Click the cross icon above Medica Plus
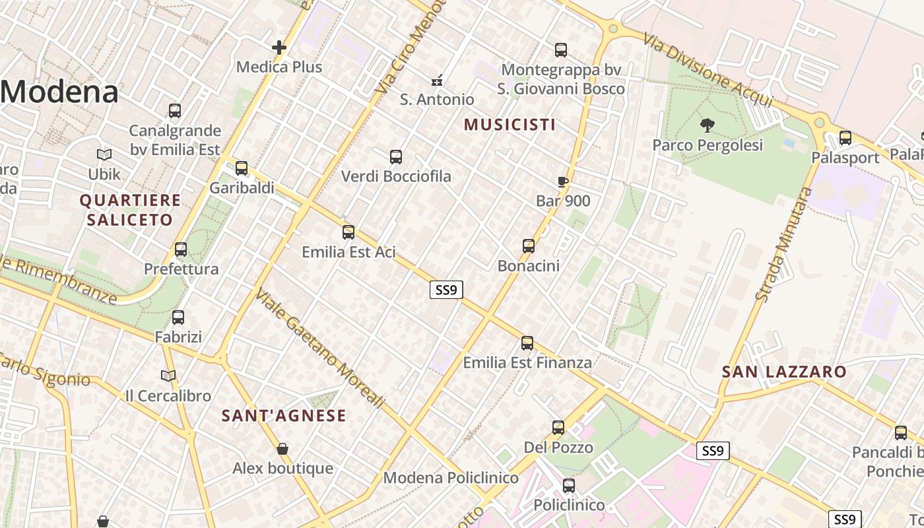[279, 48]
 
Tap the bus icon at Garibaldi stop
[242, 168]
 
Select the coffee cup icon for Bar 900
[562, 181]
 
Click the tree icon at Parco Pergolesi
[707, 125]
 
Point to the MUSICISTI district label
[510, 124]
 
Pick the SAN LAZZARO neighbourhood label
[784, 372]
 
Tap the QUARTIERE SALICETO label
[130, 210]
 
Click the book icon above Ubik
[104, 154]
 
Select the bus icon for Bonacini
[529, 246]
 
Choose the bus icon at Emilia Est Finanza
[527, 343]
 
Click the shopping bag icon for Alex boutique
[282, 449]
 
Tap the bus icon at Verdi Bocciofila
[396, 157]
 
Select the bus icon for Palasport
[845, 138]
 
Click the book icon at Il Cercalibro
[168, 376]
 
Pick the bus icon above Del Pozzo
[558, 428]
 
